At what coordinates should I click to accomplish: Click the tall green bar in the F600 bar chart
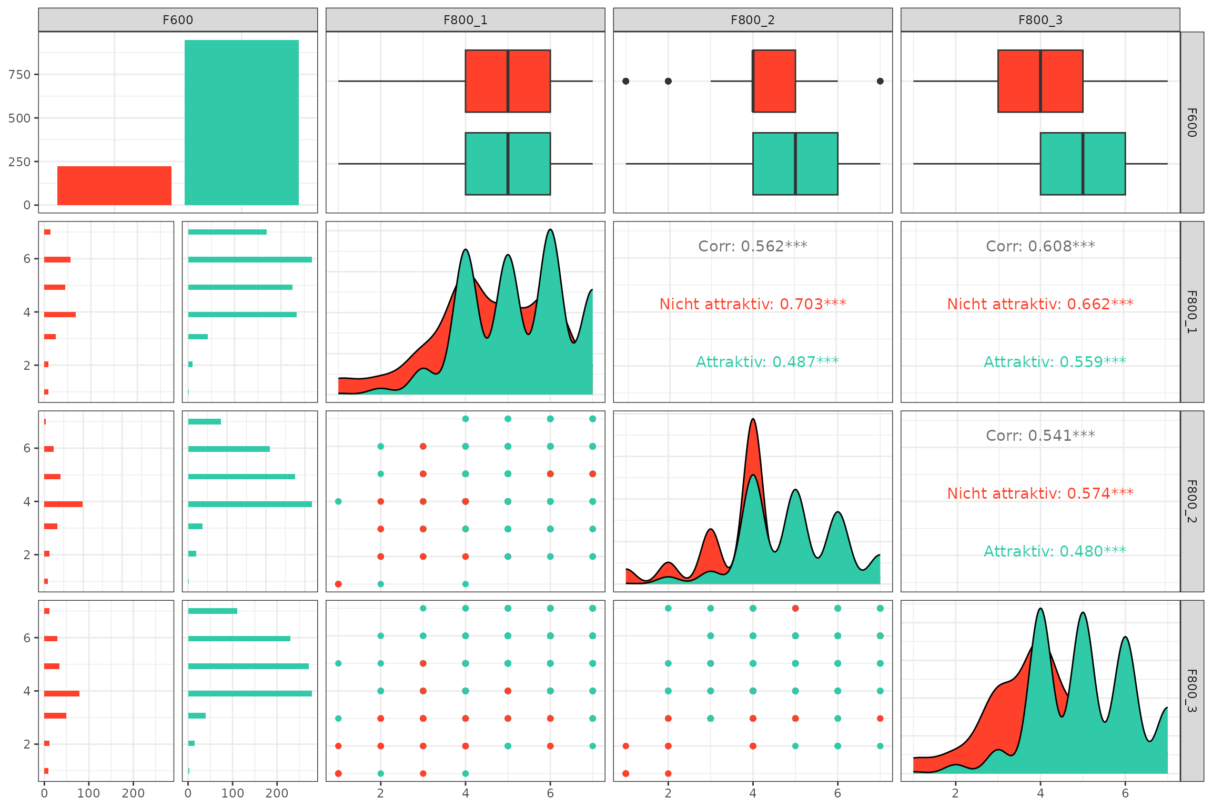[x=241, y=123]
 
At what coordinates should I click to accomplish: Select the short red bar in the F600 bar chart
[x=114, y=186]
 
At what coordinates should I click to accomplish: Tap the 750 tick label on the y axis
[x=19, y=75]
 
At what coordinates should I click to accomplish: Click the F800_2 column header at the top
[x=752, y=20]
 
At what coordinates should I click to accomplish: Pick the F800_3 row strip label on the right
[x=1192, y=690]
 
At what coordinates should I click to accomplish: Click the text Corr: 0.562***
[x=752, y=246]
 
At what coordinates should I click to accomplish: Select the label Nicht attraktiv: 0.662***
[x=1040, y=304]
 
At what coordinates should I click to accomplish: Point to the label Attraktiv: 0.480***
[x=1055, y=551]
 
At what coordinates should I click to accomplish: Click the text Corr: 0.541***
[x=1040, y=436]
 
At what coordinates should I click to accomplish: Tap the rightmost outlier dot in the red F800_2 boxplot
[x=880, y=81]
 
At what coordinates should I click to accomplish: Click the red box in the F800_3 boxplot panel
[x=1040, y=81]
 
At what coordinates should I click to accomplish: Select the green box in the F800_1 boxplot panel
[x=508, y=164]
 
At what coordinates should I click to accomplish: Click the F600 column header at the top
[x=178, y=20]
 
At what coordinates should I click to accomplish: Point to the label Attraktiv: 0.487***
[x=767, y=362]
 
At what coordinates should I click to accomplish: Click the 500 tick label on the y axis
[x=19, y=118]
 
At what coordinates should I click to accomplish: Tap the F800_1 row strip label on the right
[x=1192, y=311]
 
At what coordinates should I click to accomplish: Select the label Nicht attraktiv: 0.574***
[x=1040, y=493]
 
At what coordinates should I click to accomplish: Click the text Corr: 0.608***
[x=1040, y=246]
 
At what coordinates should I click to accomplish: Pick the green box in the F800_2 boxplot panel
[x=795, y=164]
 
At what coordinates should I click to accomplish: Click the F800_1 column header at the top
[x=465, y=20]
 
